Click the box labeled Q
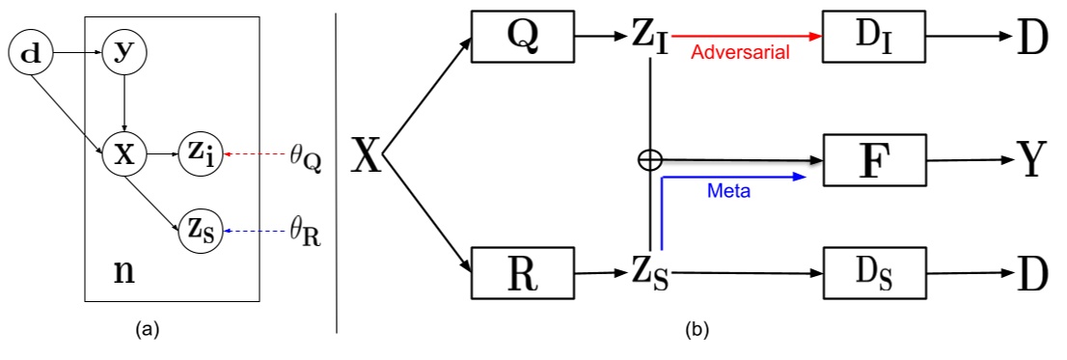click(522, 37)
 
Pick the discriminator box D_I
click(873, 37)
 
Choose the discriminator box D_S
click(873, 273)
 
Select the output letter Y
click(1031, 160)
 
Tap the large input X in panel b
click(366, 155)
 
